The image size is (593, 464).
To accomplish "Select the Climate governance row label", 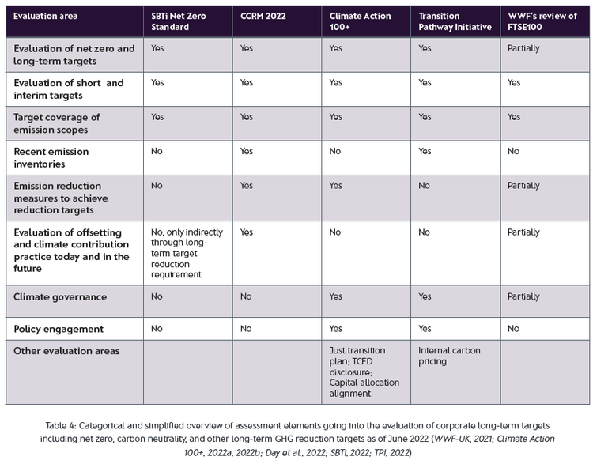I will (60, 297).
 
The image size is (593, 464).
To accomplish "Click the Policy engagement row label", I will (59, 327).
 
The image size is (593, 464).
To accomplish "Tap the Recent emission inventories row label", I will (51, 157).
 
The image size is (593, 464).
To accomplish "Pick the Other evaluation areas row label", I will (66, 350).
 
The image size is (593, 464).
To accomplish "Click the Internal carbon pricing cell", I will (448, 356).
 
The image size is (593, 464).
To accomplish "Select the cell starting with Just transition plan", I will (364, 372).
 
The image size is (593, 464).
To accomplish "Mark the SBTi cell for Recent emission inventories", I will (157, 151).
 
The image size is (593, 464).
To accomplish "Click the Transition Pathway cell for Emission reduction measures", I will (425, 186).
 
